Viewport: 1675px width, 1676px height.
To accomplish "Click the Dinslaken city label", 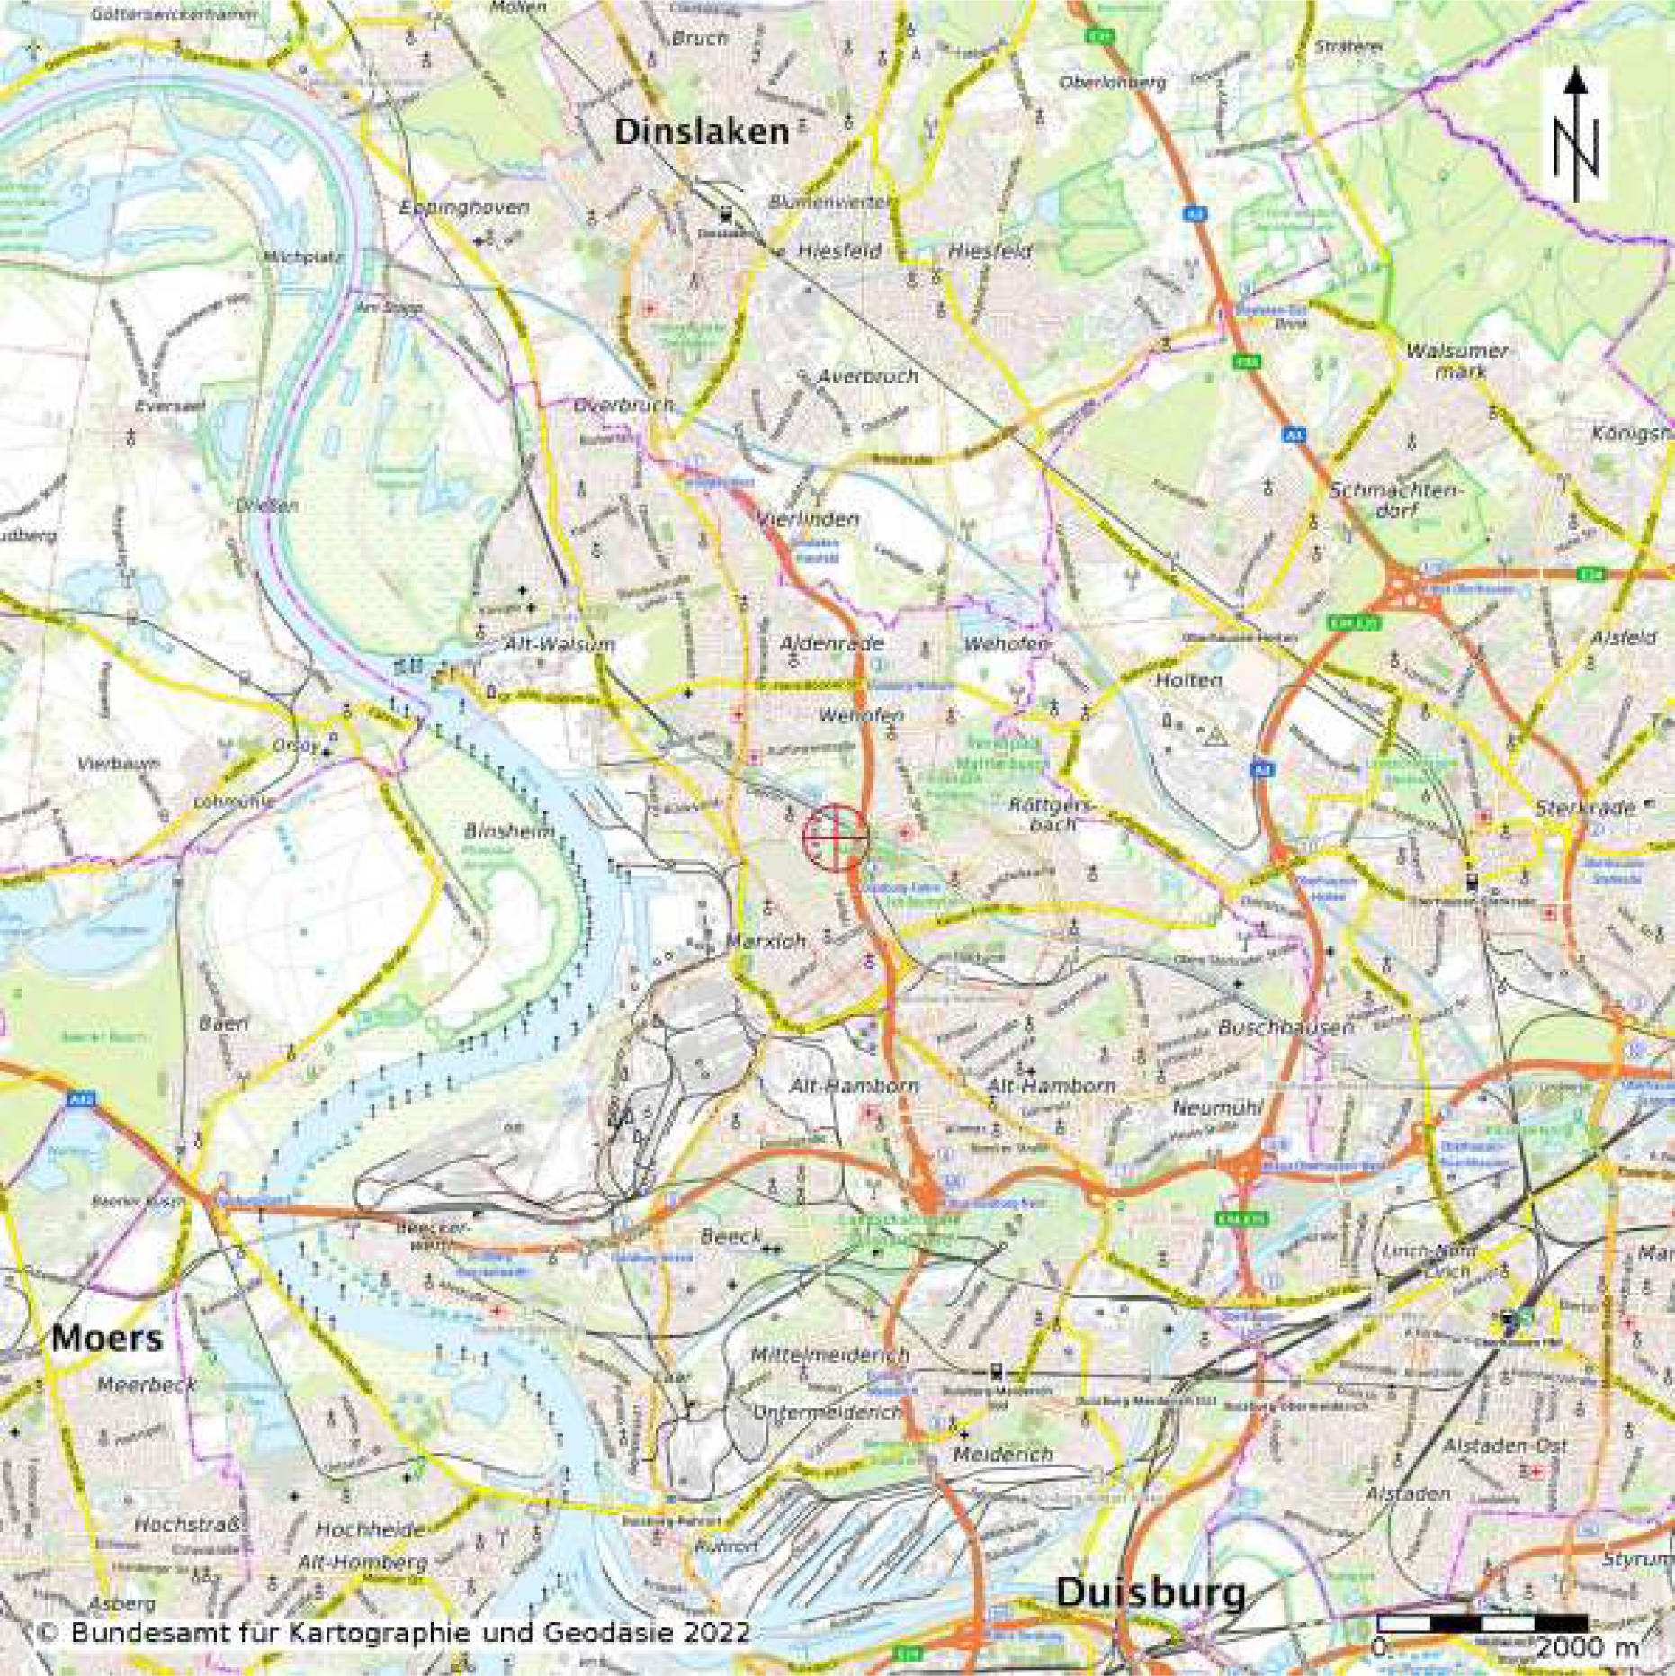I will (701, 132).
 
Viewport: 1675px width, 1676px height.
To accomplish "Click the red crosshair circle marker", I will (836, 837).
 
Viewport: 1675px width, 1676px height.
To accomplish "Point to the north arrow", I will (1575, 135).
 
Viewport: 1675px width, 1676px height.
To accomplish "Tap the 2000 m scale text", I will (1587, 1647).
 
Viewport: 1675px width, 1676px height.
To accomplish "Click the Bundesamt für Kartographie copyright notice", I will (393, 1632).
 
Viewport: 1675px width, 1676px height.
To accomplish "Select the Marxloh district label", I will (766, 940).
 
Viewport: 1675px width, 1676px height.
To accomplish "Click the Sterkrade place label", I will (1584, 807).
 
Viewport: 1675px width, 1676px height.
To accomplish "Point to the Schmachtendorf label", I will (1396, 500).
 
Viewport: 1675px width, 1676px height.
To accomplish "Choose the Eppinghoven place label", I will (464, 208).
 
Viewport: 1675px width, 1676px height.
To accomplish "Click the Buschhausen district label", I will (1285, 1027).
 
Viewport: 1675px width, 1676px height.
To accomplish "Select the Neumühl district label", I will (1217, 1107).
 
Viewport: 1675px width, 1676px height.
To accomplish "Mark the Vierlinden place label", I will (807, 519).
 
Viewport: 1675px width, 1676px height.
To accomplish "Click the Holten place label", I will (1188, 680).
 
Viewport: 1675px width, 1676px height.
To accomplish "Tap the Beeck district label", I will (730, 1237).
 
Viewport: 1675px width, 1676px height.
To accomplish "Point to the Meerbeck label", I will (147, 1385).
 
